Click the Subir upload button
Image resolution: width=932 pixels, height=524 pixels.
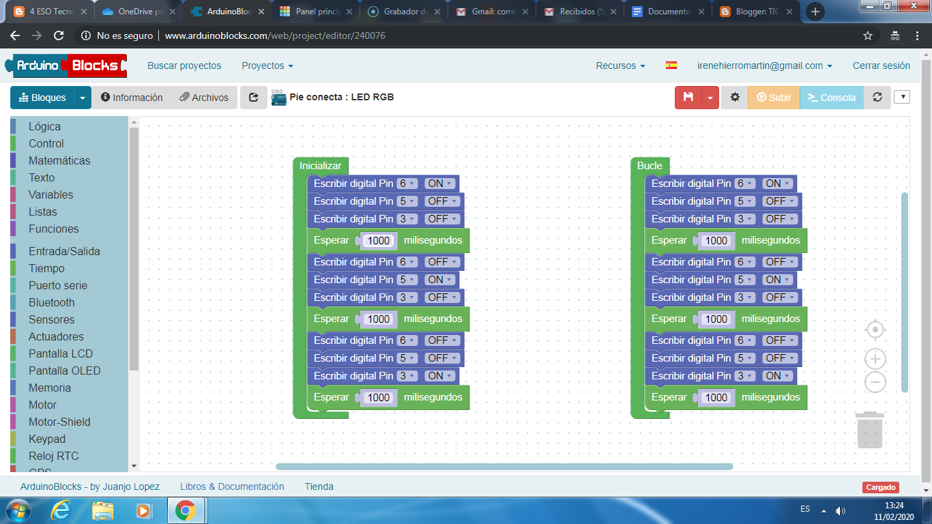[x=774, y=98]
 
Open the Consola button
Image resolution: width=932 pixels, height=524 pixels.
[x=831, y=98]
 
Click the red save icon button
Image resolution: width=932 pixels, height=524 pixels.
[x=688, y=98]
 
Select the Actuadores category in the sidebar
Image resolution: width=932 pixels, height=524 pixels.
[x=56, y=336]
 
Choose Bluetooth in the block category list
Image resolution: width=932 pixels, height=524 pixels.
[x=52, y=302]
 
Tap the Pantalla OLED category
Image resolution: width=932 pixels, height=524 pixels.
[x=65, y=370]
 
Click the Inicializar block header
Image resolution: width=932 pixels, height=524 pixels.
[x=321, y=166]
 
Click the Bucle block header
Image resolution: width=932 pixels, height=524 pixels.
[x=650, y=166]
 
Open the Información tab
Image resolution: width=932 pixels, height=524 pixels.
[x=132, y=98]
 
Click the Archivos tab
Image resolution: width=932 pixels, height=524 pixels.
[x=204, y=98]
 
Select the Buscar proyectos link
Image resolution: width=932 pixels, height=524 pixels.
[x=184, y=65]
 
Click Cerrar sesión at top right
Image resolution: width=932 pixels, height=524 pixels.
[x=882, y=65]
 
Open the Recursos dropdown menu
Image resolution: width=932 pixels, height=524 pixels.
[x=620, y=65]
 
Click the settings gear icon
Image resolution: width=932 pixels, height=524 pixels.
[x=735, y=98]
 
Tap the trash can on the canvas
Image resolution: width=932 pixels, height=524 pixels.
[x=870, y=430]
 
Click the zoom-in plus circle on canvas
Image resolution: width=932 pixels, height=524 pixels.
[x=875, y=359]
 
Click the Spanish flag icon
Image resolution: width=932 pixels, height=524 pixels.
[x=671, y=65]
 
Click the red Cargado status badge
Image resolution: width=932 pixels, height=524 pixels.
[x=880, y=487]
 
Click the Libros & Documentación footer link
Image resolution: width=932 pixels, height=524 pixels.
[x=232, y=486]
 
